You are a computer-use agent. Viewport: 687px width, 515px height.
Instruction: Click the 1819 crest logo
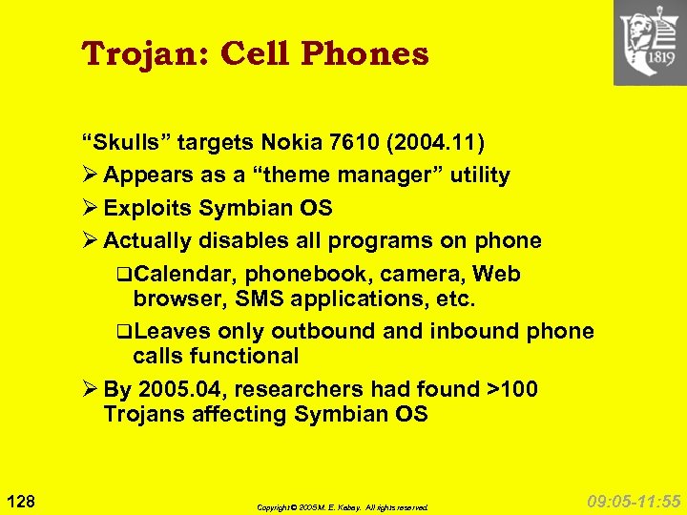(649, 43)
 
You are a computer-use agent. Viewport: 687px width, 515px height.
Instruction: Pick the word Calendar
(186, 275)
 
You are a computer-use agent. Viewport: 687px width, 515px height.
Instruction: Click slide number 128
(21, 499)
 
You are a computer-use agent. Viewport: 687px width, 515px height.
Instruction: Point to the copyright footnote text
(343, 507)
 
